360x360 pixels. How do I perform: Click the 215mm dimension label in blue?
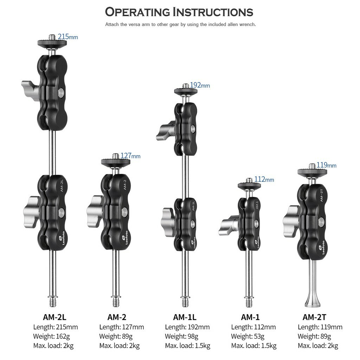click(68, 37)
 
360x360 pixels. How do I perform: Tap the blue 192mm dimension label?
click(200, 85)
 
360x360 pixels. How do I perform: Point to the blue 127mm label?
click(130, 156)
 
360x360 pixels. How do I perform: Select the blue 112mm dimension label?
click(264, 179)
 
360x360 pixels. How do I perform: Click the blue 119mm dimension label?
click(327, 165)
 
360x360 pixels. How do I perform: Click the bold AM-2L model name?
click(54, 317)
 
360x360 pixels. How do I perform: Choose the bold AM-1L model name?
click(185, 317)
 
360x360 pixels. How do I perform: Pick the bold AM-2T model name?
click(314, 317)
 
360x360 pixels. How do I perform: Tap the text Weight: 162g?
click(51, 336)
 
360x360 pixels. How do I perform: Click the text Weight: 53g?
click(248, 336)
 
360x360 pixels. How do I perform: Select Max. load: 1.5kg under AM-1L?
click(188, 346)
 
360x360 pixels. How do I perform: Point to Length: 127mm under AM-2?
click(122, 327)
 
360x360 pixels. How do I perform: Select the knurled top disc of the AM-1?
click(249, 185)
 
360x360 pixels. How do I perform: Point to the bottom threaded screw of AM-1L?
click(185, 301)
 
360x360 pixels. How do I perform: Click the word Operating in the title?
click(137, 12)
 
